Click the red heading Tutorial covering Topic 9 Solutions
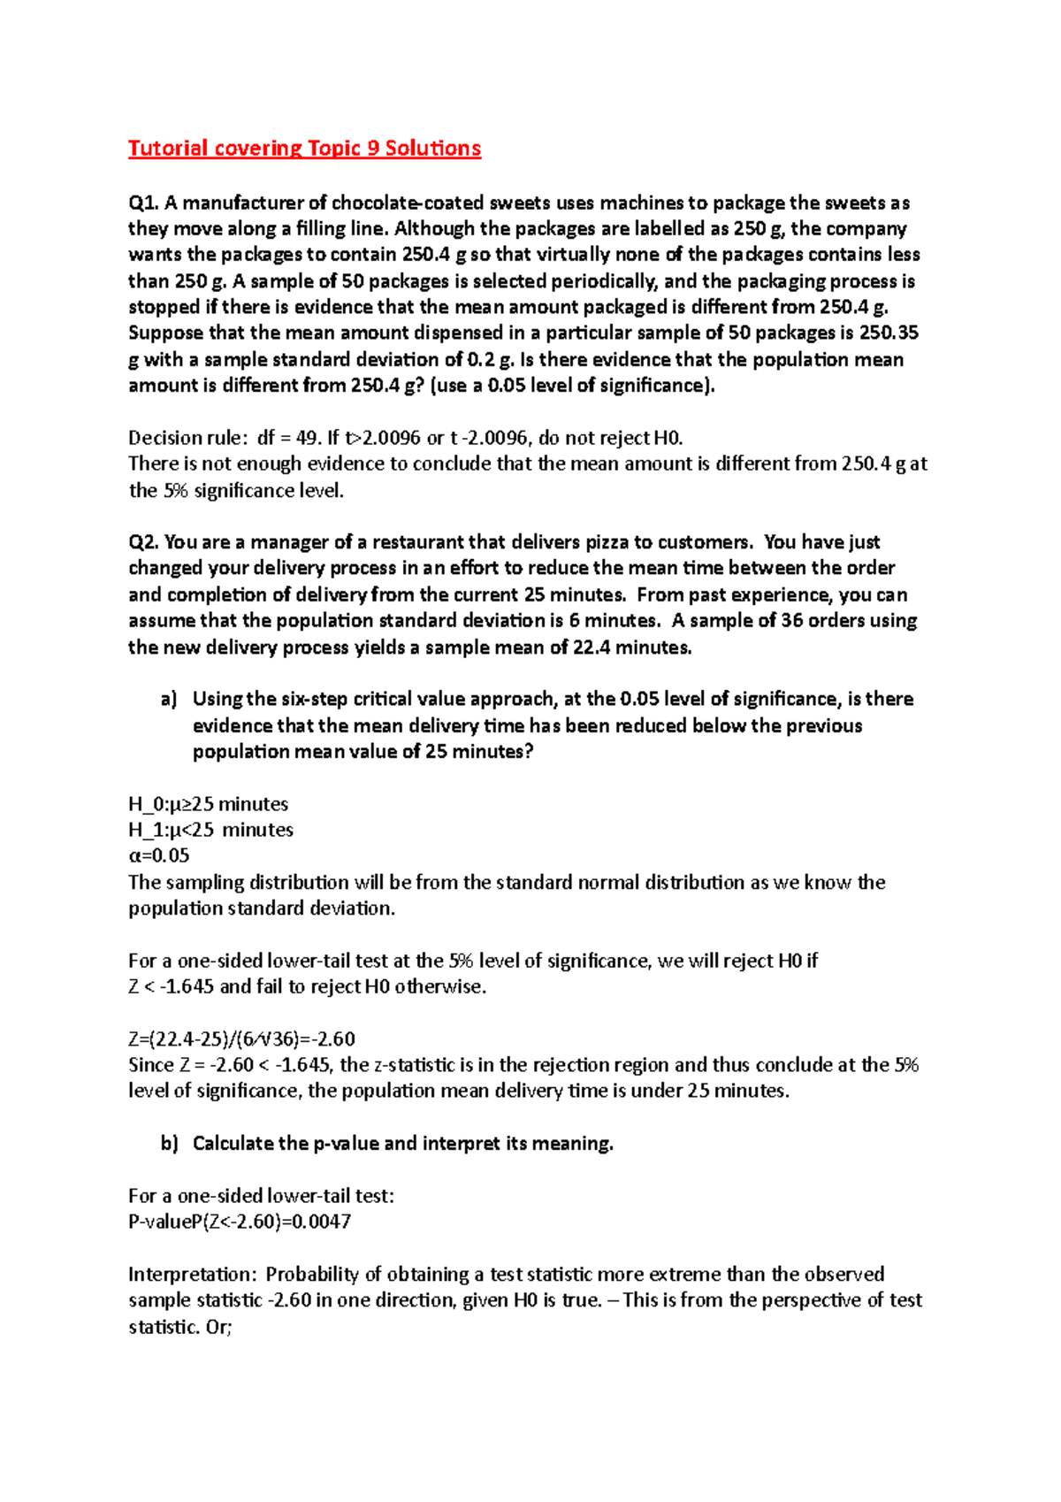click(304, 148)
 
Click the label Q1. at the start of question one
click(143, 203)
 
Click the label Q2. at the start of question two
click(143, 542)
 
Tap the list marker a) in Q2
click(168, 700)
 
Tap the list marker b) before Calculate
click(169, 1144)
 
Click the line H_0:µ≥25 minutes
click(208, 804)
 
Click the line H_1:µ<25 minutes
click(210, 830)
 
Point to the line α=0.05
click(159, 855)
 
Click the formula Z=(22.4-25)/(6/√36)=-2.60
click(241, 1038)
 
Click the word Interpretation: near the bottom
click(192, 1274)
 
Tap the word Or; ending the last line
click(218, 1326)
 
